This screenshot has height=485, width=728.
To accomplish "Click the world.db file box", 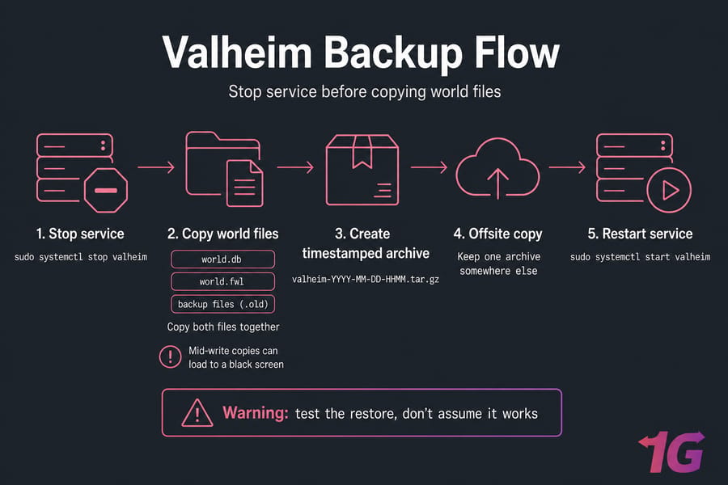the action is (223, 259).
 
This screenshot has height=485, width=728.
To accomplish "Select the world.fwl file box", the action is (223, 281).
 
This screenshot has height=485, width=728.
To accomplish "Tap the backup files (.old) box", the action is (223, 304).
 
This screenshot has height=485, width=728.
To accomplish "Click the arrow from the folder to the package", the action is (295, 167).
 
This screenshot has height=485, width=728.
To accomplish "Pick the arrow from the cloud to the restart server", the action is (567, 167).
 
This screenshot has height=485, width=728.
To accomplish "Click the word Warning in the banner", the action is (256, 412).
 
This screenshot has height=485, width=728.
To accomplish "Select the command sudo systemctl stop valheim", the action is (81, 257).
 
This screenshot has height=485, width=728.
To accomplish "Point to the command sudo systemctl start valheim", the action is (641, 257).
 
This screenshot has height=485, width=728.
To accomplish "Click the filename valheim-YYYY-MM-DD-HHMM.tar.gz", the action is (366, 280).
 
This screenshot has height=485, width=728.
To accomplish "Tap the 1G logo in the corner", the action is (672, 452).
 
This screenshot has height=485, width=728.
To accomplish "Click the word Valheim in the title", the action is (237, 53).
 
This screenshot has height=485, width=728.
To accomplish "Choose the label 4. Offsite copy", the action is (497, 234).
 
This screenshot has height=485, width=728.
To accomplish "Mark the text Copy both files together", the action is (223, 327).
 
